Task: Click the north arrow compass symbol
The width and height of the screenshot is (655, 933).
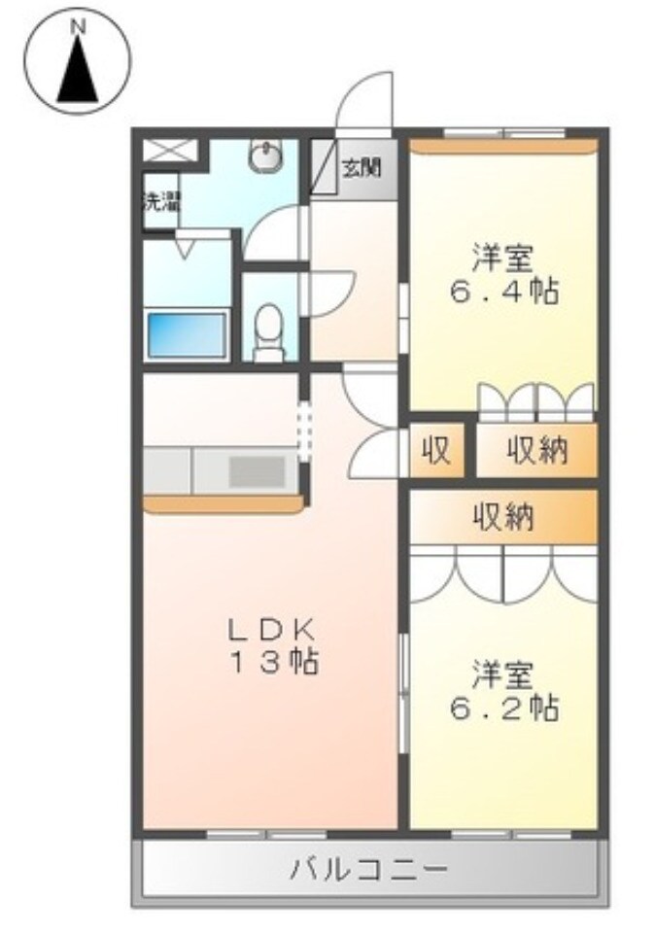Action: click(x=78, y=63)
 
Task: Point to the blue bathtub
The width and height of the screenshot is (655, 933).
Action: click(x=187, y=334)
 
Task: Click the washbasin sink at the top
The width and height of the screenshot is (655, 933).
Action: click(x=264, y=155)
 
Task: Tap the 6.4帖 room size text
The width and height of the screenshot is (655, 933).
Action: click(x=503, y=291)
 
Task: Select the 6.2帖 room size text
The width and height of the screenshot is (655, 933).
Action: click(x=503, y=708)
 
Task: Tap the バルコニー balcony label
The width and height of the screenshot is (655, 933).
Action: click(x=368, y=868)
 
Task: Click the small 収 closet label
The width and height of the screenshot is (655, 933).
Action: click(x=435, y=451)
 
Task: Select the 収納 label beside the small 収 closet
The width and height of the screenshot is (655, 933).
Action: click(x=536, y=451)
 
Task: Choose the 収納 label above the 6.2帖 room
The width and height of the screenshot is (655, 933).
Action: click(x=504, y=518)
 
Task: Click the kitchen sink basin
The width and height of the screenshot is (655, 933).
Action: click(x=256, y=471)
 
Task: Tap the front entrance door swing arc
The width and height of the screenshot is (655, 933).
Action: click(x=363, y=97)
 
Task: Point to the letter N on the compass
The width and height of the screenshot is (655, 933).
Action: click(x=78, y=27)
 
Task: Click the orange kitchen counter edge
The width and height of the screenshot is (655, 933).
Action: click(x=223, y=504)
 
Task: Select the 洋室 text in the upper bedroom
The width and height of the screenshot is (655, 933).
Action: click(x=503, y=258)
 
